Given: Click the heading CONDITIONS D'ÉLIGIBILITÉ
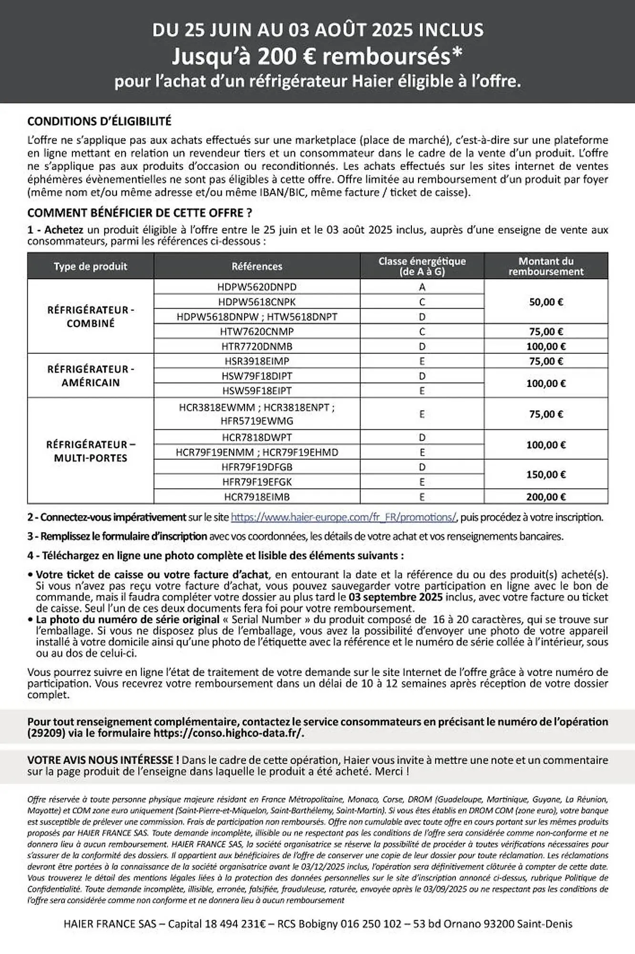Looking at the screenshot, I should pyautogui.click(x=99, y=121).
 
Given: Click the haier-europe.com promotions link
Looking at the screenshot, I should pyautogui.click(x=344, y=517).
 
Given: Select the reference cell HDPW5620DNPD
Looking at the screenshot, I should pyautogui.click(x=256, y=287).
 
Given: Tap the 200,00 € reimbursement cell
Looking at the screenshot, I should pyautogui.click(x=546, y=497).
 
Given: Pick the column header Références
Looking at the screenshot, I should pyautogui.click(x=256, y=266).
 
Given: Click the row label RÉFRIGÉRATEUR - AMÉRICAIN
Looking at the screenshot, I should pyautogui.click(x=91, y=375).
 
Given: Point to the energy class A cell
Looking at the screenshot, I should pyautogui.click(x=422, y=287).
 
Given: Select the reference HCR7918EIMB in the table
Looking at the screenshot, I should pyautogui.click(x=256, y=497).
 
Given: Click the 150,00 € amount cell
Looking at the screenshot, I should pyautogui.click(x=546, y=474).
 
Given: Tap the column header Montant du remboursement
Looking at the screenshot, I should pyautogui.click(x=546, y=266).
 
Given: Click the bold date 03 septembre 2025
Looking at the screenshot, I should pyautogui.click(x=395, y=597).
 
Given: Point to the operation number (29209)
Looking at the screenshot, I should pyautogui.click(x=46, y=733).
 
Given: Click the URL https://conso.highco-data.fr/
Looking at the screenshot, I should pyautogui.click(x=228, y=733).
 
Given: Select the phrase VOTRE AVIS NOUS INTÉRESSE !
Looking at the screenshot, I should pyautogui.click(x=103, y=760).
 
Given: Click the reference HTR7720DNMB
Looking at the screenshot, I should pyautogui.click(x=256, y=346).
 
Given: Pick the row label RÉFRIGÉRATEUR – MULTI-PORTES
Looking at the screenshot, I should pyautogui.click(x=91, y=451).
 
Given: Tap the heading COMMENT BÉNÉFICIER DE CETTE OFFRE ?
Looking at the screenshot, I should pyautogui.click(x=140, y=213).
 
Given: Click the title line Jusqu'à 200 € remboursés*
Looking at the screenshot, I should pyautogui.click(x=317, y=57).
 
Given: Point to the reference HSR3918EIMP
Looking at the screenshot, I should pyautogui.click(x=256, y=361).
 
